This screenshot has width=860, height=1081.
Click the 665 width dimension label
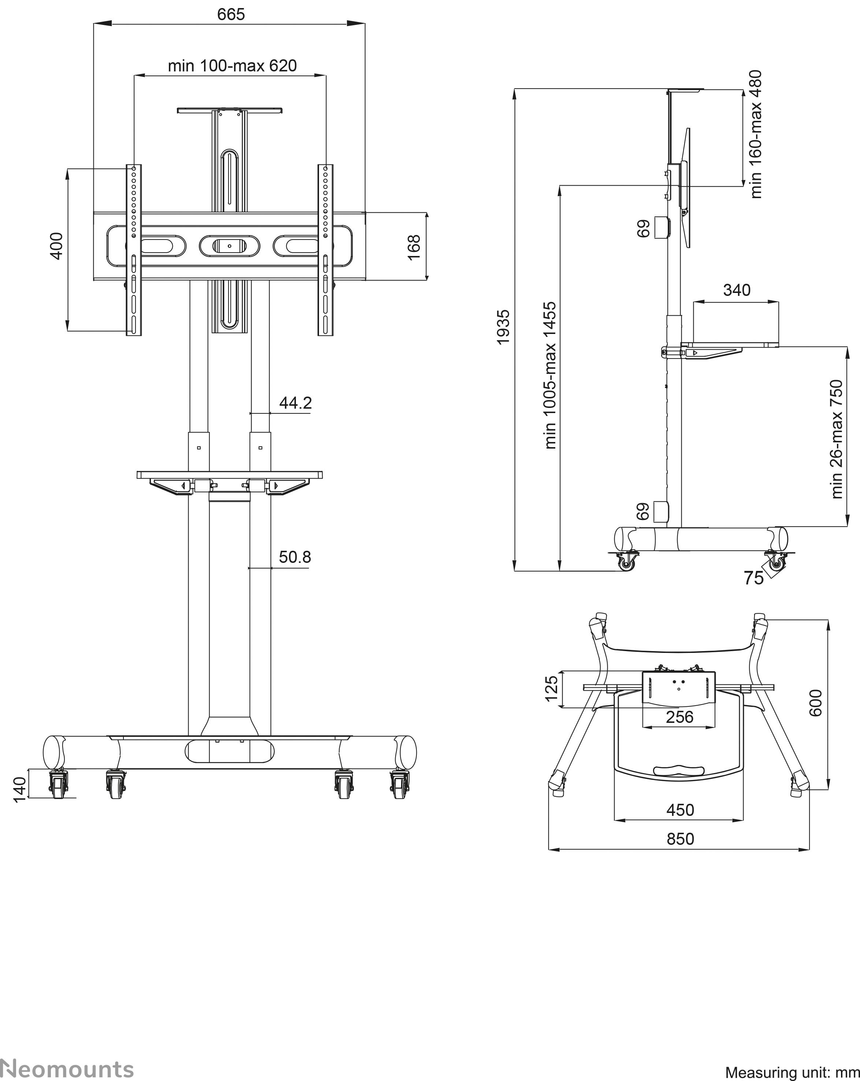click(231, 14)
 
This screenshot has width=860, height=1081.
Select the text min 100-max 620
click(232, 66)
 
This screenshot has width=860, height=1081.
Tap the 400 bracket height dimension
click(57, 246)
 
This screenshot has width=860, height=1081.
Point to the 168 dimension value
click(414, 247)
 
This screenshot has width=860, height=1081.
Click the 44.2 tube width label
click(295, 402)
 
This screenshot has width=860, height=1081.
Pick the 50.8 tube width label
click(295, 557)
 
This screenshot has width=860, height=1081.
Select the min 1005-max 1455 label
click(550, 375)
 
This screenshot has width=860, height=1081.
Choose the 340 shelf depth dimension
click(737, 290)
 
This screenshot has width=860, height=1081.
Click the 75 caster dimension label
click(754, 578)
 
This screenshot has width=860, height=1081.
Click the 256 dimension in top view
click(679, 717)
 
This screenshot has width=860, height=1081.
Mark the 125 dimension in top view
click(551, 689)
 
